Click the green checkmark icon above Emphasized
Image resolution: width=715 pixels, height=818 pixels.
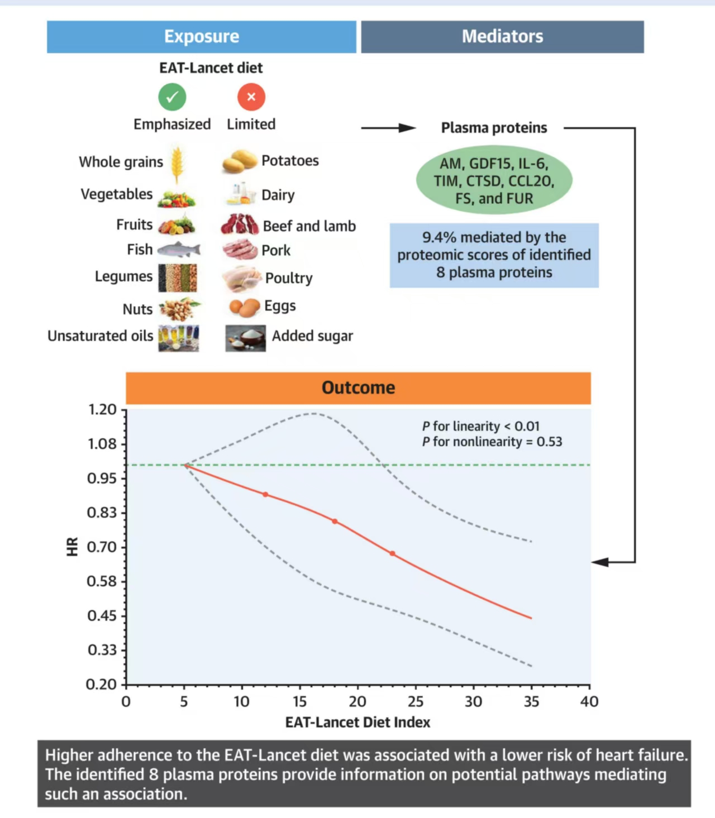[x=172, y=97]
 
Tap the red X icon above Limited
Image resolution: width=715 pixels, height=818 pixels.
[x=251, y=97]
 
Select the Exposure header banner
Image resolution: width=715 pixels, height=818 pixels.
[x=201, y=37]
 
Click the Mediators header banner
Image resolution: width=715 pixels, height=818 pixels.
[x=502, y=37]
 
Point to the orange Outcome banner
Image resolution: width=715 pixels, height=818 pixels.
[x=358, y=388]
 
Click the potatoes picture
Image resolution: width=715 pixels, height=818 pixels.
[x=240, y=161]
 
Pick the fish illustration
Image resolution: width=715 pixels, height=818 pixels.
[x=178, y=249]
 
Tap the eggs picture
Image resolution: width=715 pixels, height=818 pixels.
[x=245, y=307]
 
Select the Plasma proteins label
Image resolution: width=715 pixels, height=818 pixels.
[x=494, y=128]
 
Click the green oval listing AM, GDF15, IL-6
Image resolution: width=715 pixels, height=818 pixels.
[x=494, y=180]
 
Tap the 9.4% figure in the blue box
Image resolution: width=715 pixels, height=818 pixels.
[x=439, y=237]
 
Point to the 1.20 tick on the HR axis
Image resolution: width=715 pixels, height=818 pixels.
[x=102, y=410]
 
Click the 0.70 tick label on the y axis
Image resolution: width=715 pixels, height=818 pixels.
[x=102, y=547]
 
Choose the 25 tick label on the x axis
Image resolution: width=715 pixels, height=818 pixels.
[x=416, y=702]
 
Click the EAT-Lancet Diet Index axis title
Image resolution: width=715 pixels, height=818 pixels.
[x=357, y=723]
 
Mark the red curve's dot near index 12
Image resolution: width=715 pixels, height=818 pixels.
[x=265, y=495]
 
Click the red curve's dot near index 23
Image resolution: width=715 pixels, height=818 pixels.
[x=393, y=554]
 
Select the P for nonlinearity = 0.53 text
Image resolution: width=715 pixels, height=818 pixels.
[x=492, y=442]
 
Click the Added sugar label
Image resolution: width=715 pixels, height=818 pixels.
[x=312, y=336]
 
